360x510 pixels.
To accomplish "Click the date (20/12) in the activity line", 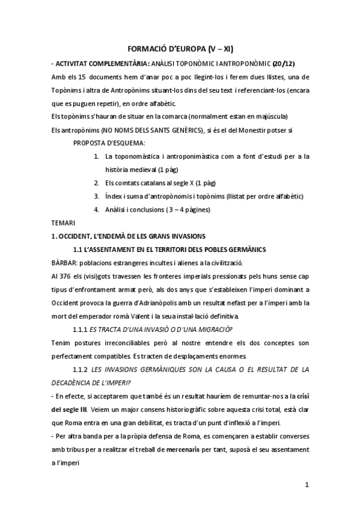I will click(x=284, y=63).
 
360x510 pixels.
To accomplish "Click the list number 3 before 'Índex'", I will click(x=96, y=196).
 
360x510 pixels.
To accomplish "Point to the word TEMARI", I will click(x=64, y=223).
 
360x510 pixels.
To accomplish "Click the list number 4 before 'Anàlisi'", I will click(x=96, y=209).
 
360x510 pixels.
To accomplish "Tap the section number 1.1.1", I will click(x=81, y=328).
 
